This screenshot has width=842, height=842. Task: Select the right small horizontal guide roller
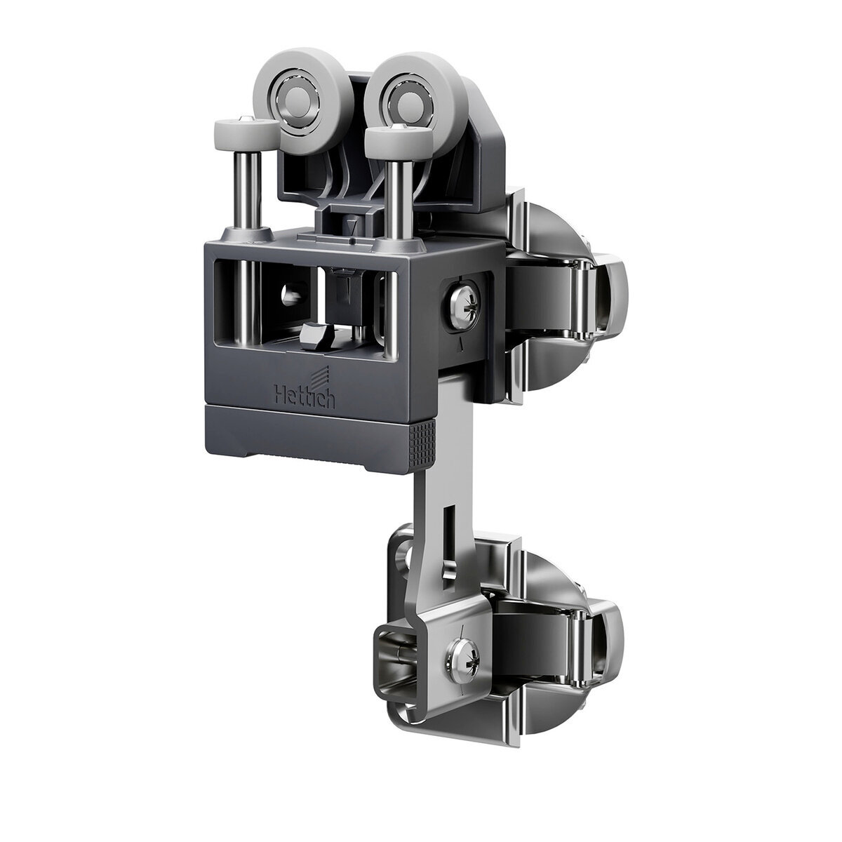coord(399,137)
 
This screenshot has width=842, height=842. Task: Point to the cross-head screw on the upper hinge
coord(464,302)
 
